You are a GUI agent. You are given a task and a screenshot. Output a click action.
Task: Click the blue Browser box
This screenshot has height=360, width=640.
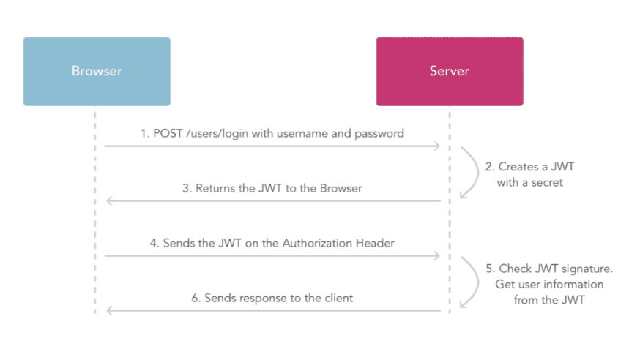click(97, 72)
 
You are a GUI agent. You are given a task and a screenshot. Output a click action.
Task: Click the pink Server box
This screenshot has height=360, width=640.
click(449, 72)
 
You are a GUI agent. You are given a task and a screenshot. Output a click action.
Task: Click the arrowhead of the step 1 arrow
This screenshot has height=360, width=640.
click(436, 146)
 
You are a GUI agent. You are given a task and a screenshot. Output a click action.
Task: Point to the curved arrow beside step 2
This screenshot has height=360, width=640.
click(469, 173)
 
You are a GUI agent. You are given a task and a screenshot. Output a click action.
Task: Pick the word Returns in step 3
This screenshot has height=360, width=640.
click(215, 188)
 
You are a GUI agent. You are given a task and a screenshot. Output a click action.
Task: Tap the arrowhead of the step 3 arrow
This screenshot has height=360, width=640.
click(110, 200)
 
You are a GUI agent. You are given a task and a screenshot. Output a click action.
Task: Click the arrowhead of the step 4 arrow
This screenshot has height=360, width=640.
click(436, 255)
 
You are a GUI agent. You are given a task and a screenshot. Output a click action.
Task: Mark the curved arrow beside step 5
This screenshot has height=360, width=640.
click(469, 283)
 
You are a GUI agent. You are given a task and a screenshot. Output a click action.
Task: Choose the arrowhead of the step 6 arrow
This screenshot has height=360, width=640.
click(110, 310)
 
